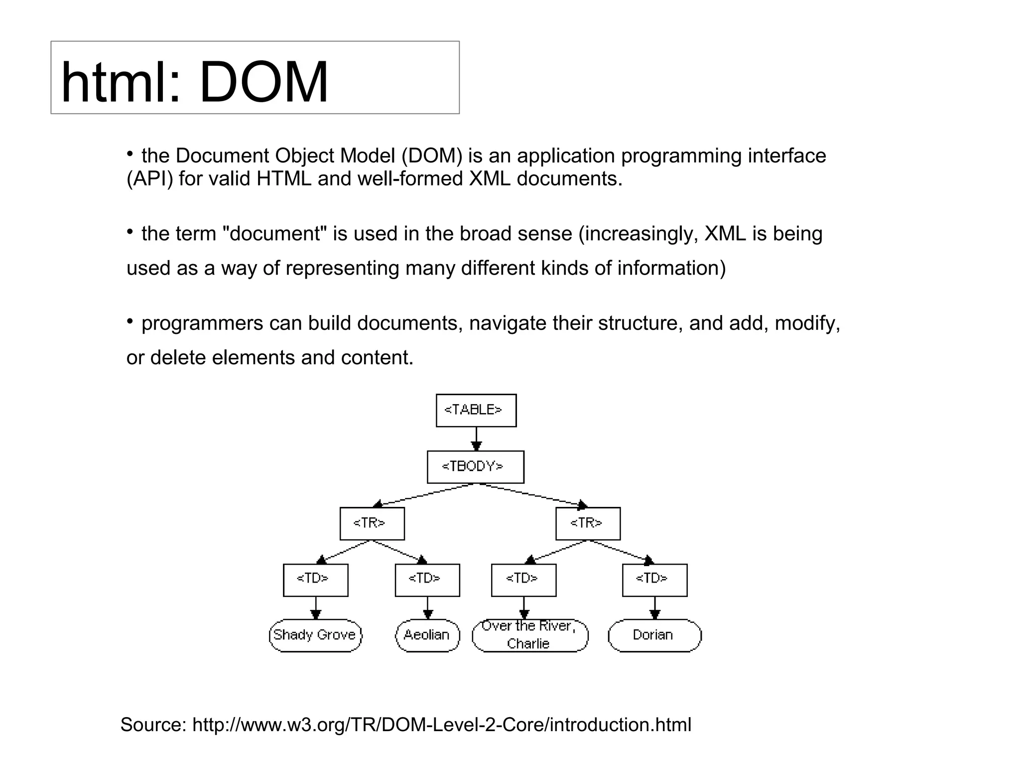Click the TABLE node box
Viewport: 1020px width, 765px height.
pos(476,410)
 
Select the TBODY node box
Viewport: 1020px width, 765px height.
pos(475,467)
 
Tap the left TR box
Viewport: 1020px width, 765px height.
pos(372,523)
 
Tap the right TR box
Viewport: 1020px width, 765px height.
pos(588,523)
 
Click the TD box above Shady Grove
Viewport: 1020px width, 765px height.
pos(315,580)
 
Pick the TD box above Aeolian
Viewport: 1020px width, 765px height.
pos(427,580)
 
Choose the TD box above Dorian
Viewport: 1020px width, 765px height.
pos(654,580)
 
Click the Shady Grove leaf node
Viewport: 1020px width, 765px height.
pos(315,635)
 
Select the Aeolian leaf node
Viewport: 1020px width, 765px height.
pos(427,635)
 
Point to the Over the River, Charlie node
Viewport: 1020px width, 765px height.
pos(529,635)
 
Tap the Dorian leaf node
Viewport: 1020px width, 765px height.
pos(654,635)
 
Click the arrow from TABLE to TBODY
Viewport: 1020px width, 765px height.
pos(476,439)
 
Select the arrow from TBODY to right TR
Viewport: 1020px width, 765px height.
pos(533,495)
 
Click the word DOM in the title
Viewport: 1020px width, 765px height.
pos(263,82)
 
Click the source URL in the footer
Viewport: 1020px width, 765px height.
pos(441,725)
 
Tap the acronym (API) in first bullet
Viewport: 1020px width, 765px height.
pos(150,179)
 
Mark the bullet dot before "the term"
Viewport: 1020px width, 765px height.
pos(129,232)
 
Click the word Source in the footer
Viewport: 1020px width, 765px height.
pos(153,725)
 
